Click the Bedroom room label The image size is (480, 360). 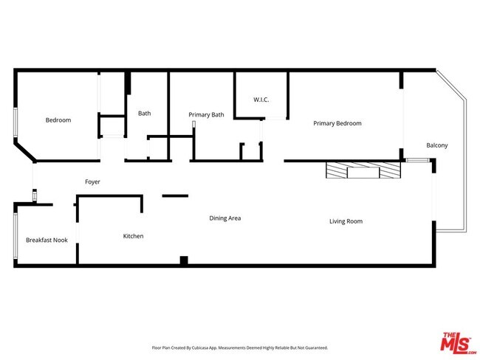[58, 120]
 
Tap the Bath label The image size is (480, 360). [145, 114]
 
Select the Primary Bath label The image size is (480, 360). [206, 114]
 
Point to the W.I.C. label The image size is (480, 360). [261, 99]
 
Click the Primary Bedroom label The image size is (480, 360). [337, 123]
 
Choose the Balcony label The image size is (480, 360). [436, 145]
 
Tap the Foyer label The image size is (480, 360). [92, 181]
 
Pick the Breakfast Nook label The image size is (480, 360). [47, 240]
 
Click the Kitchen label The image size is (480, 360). [133, 236]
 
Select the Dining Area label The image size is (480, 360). [225, 218]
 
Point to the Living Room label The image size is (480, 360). [346, 221]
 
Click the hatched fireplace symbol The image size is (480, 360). [363, 171]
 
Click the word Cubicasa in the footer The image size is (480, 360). [202, 347]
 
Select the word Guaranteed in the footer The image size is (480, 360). [314, 347]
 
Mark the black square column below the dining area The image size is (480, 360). [184, 260]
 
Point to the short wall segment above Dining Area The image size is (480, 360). [175, 195]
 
